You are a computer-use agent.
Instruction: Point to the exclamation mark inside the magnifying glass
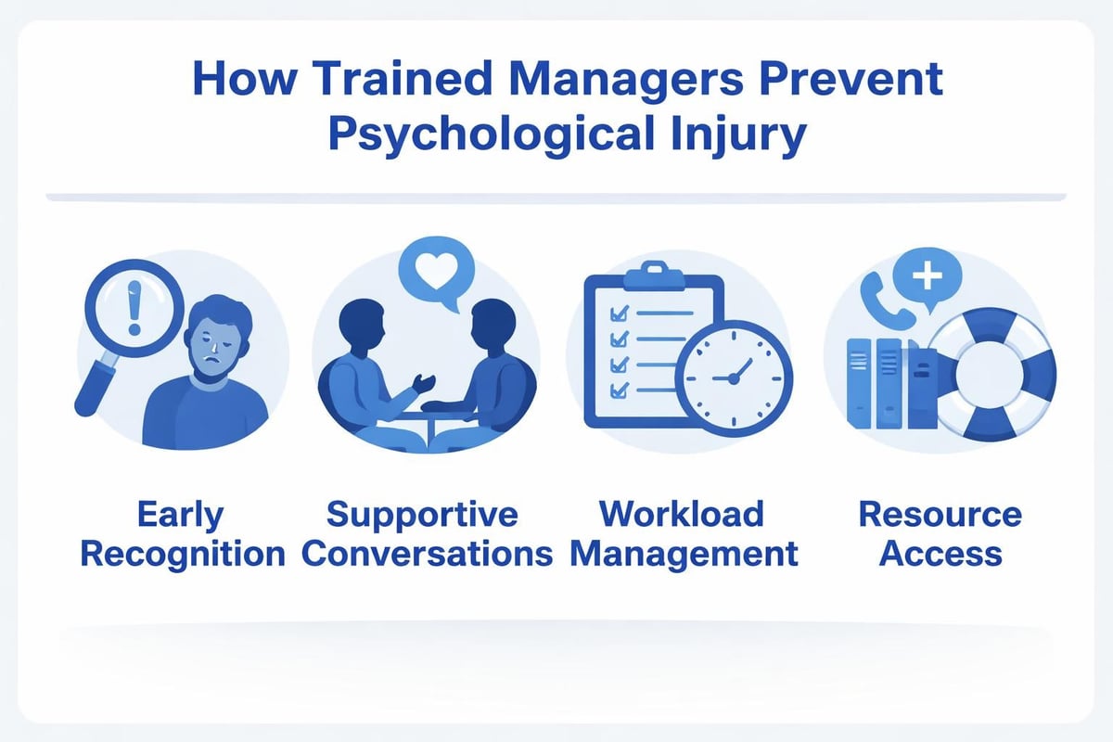(134, 311)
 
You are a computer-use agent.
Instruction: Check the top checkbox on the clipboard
(613, 316)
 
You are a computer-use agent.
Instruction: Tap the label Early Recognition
(182, 533)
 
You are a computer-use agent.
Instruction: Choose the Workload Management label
(683, 533)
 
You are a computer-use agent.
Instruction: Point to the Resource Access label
(940, 533)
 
